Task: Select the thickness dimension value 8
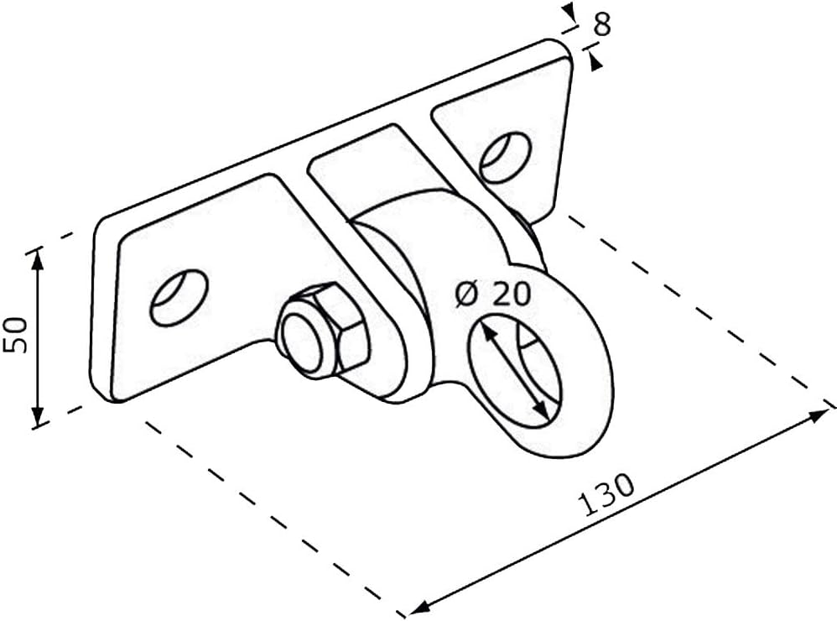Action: point(600,24)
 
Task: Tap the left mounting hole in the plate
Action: point(179,298)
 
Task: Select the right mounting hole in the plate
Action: point(505,157)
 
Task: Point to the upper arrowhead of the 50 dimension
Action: point(38,256)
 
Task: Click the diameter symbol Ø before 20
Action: point(467,295)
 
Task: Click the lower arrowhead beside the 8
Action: point(596,61)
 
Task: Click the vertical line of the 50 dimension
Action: point(38,336)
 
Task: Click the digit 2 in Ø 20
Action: point(501,294)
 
